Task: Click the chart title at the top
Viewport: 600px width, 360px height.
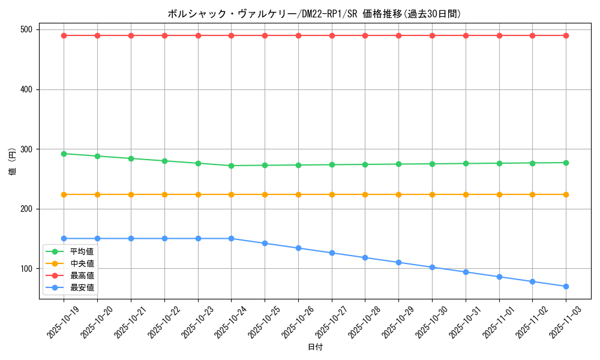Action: tap(314, 14)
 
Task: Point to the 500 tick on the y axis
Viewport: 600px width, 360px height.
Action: tap(28, 29)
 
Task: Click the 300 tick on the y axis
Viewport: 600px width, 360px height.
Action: tap(28, 149)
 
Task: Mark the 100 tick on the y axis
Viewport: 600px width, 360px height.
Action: tap(28, 268)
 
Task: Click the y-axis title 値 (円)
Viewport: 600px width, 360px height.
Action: tap(12, 161)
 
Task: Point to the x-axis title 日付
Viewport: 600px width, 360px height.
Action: tap(314, 347)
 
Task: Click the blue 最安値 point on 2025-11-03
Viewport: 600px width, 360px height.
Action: tap(566, 286)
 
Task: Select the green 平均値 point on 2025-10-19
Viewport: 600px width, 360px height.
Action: tap(64, 154)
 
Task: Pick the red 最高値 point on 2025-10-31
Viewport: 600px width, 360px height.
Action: tap(466, 35)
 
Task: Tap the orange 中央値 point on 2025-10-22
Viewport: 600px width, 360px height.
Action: tap(164, 194)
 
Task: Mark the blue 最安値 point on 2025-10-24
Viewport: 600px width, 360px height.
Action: tap(231, 238)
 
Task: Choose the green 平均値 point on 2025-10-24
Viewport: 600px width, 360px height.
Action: tap(231, 166)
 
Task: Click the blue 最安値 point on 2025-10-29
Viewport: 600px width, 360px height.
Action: tap(398, 262)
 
